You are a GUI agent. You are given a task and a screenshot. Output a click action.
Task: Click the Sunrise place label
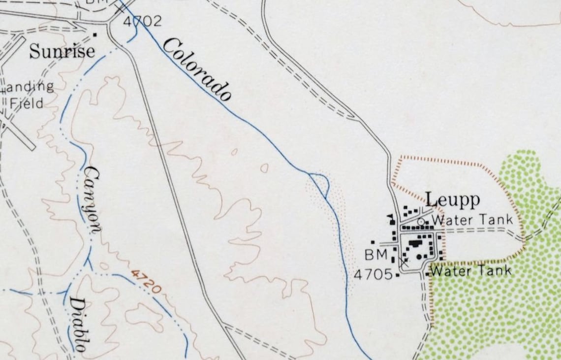62,51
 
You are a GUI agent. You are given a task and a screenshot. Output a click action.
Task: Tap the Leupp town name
452,199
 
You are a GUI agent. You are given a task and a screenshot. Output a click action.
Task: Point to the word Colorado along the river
197,69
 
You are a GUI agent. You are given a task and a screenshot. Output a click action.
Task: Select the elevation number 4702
142,21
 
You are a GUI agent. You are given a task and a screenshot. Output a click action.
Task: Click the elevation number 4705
374,274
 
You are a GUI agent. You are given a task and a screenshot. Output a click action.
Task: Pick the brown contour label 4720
146,281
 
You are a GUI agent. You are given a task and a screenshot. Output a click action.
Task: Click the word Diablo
78,324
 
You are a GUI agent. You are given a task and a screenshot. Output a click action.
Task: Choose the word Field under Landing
27,103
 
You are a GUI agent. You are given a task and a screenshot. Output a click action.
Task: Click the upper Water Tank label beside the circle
472,220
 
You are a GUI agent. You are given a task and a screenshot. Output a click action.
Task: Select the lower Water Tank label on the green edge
470,270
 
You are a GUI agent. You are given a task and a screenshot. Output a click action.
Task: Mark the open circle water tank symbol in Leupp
421,222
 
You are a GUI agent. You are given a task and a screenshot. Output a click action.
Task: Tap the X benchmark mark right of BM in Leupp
404,263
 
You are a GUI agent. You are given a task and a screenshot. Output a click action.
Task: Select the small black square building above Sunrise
94,34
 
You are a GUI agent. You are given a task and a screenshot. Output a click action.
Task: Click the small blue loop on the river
320,183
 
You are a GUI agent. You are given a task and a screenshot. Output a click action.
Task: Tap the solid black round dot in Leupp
419,256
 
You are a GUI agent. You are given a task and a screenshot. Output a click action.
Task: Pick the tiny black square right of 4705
398,275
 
